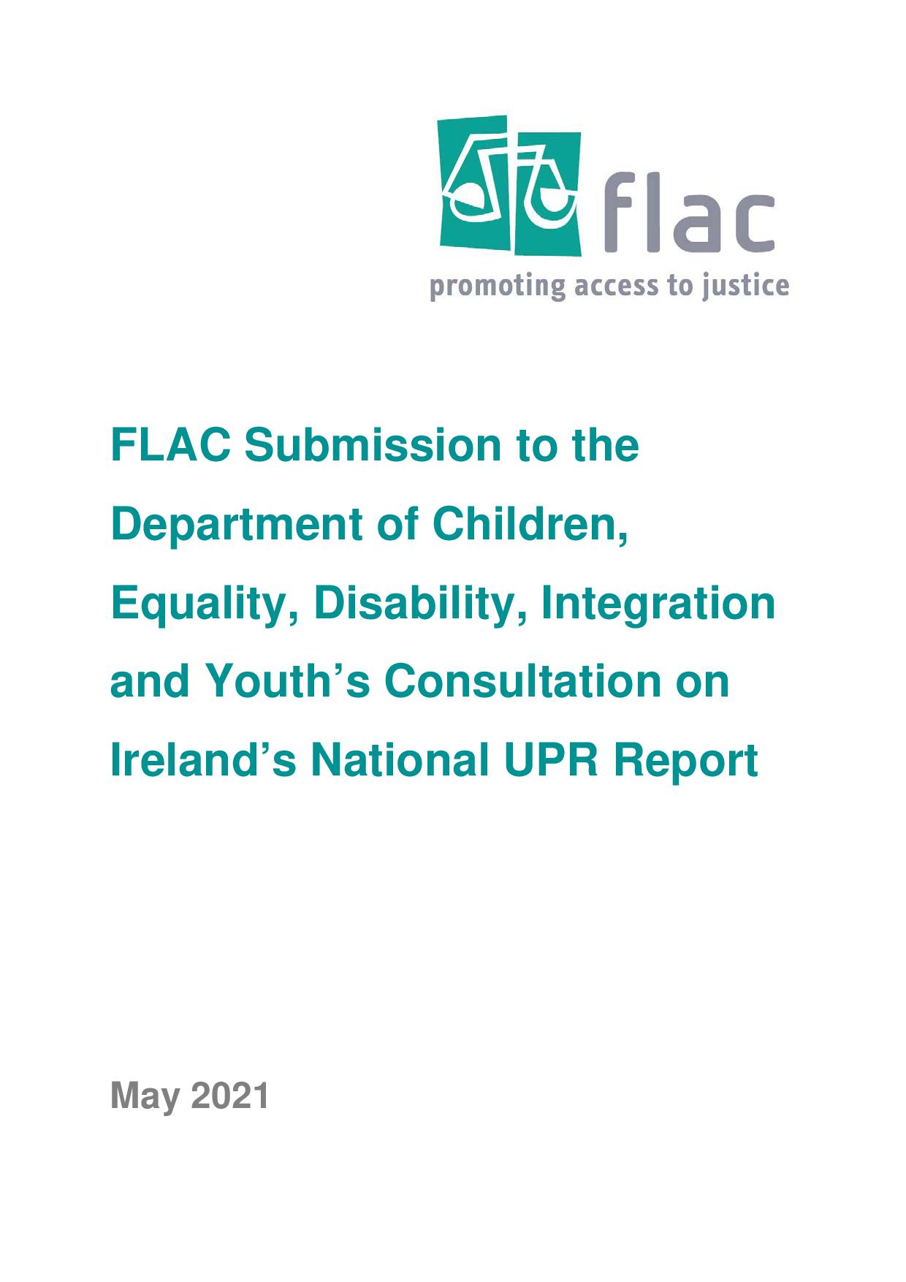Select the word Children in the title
530,524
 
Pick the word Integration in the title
658,604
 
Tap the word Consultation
522,681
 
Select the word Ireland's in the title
203,760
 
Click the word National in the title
400,760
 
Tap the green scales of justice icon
511,186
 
